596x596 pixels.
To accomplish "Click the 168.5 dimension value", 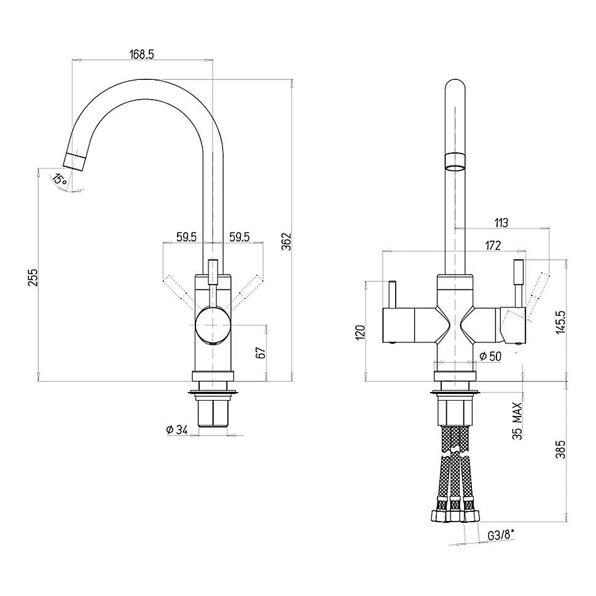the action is click(x=142, y=54).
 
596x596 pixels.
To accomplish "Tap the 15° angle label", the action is click(x=60, y=178).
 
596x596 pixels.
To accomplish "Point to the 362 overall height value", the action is click(x=286, y=241).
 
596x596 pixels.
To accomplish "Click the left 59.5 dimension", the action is click(x=186, y=237).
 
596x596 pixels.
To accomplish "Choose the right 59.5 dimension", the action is click(x=240, y=237).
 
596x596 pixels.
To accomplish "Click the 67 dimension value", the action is click(x=261, y=353).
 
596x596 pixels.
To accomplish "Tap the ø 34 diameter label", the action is click(x=177, y=430).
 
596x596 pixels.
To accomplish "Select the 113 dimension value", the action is click(x=501, y=223).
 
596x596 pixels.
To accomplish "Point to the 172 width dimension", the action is click(x=493, y=246).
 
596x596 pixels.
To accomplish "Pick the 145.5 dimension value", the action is click(x=560, y=323).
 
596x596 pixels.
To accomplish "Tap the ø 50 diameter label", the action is click(x=490, y=356).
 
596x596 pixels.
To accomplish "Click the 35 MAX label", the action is click(x=517, y=421).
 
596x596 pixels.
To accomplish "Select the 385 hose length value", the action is click(x=560, y=449).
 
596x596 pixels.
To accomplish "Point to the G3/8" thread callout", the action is click(x=501, y=536).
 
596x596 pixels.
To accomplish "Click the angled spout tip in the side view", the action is click(x=74, y=161).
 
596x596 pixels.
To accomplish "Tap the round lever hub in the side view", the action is click(x=213, y=326).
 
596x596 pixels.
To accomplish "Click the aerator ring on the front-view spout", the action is click(x=455, y=162).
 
